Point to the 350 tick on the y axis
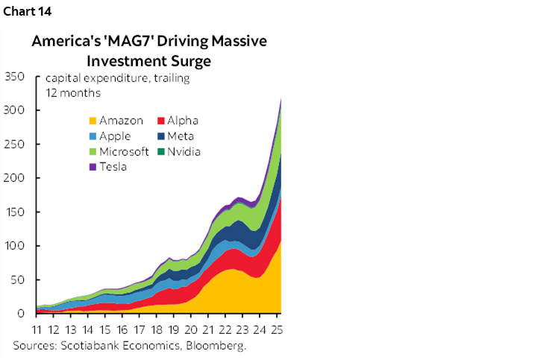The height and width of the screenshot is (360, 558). pos(16,77)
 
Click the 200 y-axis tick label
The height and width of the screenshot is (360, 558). pos(16,178)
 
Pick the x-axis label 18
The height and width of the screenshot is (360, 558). pos(157,329)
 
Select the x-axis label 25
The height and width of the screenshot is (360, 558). pos(275,329)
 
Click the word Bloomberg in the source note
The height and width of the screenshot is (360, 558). pos(219,346)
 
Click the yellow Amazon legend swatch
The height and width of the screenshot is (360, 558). pos(93,121)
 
